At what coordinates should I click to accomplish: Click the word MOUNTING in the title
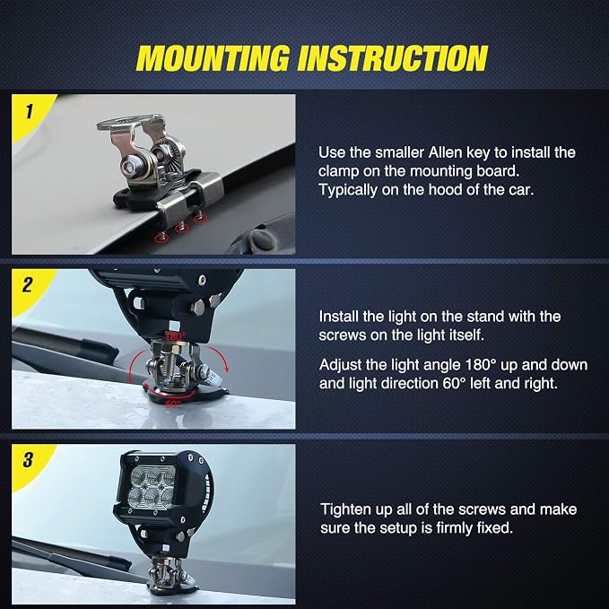point(213,58)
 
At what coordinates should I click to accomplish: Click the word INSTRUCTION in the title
point(393,58)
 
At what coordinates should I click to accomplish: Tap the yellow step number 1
point(29,111)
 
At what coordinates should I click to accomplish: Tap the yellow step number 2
point(28,284)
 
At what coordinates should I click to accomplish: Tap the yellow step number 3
point(28,459)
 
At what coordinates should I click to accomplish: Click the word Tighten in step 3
point(345,509)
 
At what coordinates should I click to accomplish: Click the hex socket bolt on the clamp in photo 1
point(128,168)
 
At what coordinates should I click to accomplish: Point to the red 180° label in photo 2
point(176,336)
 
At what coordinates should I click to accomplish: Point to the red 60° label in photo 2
point(173,404)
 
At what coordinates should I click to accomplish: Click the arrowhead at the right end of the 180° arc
point(226,369)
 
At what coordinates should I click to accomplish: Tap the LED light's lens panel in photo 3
point(152,486)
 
